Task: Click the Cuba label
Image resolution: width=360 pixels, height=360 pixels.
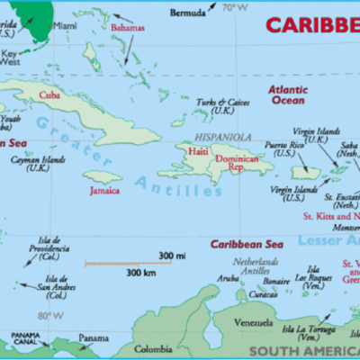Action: (x=48, y=94)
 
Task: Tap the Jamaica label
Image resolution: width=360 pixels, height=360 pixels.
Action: (x=104, y=191)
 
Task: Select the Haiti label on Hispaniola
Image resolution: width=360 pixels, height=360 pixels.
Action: (x=198, y=152)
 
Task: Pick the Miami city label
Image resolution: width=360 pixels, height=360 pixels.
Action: (x=63, y=26)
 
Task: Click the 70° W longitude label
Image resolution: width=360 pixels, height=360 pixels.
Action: (x=235, y=8)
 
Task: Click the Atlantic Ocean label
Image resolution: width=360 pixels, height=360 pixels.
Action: (x=292, y=94)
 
